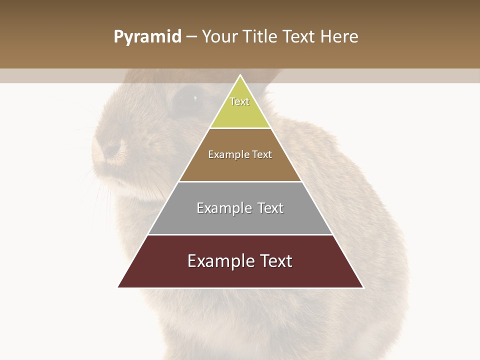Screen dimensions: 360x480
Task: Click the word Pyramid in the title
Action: point(147,37)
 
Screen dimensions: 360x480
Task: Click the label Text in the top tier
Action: point(239,101)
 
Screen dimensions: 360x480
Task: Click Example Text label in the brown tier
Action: point(240,154)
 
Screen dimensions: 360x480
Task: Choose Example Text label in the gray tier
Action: point(240,208)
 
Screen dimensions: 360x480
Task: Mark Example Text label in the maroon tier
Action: point(240,261)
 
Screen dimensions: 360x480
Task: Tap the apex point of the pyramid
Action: point(240,75)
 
